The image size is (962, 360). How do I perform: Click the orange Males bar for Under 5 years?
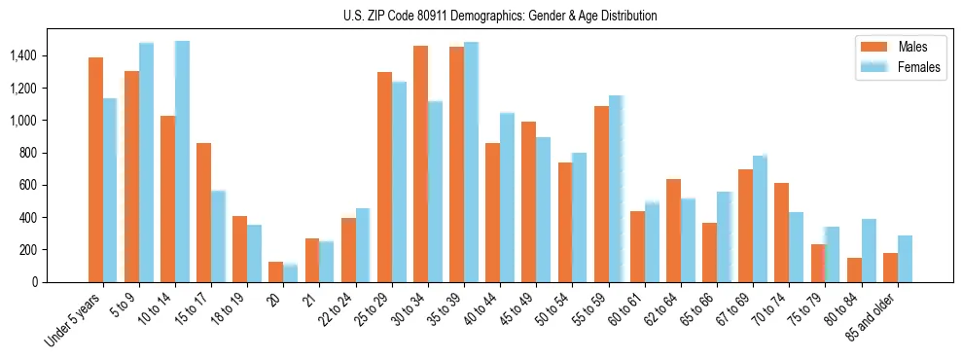(x=95, y=170)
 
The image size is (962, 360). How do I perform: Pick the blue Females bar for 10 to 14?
(x=182, y=162)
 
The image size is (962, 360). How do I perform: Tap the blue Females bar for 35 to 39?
(x=471, y=162)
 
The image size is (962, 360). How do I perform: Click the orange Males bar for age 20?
(x=276, y=271)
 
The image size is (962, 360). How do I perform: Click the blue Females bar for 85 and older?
(x=905, y=259)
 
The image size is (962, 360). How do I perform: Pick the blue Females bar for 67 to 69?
(x=760, y=219)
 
